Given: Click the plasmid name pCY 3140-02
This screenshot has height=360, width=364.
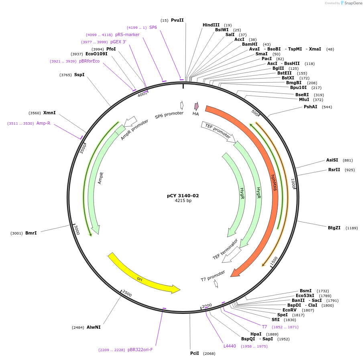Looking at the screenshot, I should click(183, 196).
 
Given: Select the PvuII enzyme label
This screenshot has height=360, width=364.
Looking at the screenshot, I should click(177, 20).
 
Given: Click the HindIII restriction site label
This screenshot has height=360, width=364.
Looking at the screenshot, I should click(211, 25).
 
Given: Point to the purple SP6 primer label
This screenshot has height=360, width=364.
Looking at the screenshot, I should click(153, 27).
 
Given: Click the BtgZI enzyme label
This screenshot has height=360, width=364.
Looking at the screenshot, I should click(334, 228).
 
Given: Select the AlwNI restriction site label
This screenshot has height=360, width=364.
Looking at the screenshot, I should click(94, 327).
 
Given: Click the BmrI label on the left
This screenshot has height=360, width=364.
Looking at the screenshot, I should click(31, 233).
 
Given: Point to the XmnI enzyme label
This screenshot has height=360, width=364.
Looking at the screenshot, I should click(49, 113).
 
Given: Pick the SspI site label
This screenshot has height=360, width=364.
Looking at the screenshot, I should click(79, 75).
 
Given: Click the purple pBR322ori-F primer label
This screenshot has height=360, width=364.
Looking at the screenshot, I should click(140, 350).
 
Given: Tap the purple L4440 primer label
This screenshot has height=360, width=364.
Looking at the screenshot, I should click(230, 346).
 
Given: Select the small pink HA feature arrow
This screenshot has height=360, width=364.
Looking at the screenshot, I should click(196, 106).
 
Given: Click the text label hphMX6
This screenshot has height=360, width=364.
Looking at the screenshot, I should click(274, 182).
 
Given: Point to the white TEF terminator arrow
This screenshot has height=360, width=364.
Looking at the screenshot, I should click(232, 255).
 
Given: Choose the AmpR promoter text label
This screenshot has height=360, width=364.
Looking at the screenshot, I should click(134, 129).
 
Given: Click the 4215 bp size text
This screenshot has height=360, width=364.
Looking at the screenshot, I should click(183, 200).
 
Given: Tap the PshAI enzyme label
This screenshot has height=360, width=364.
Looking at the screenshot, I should click(310, 107).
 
